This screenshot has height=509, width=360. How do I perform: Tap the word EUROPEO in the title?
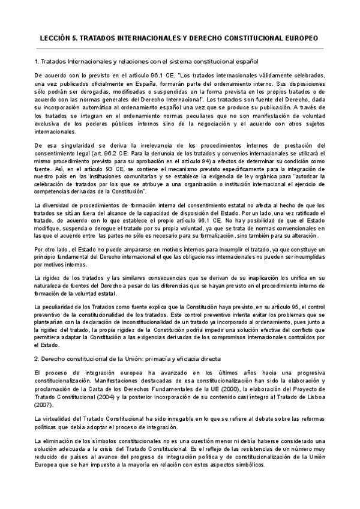[302, 37]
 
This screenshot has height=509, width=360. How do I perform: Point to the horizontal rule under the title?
[180, 49]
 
